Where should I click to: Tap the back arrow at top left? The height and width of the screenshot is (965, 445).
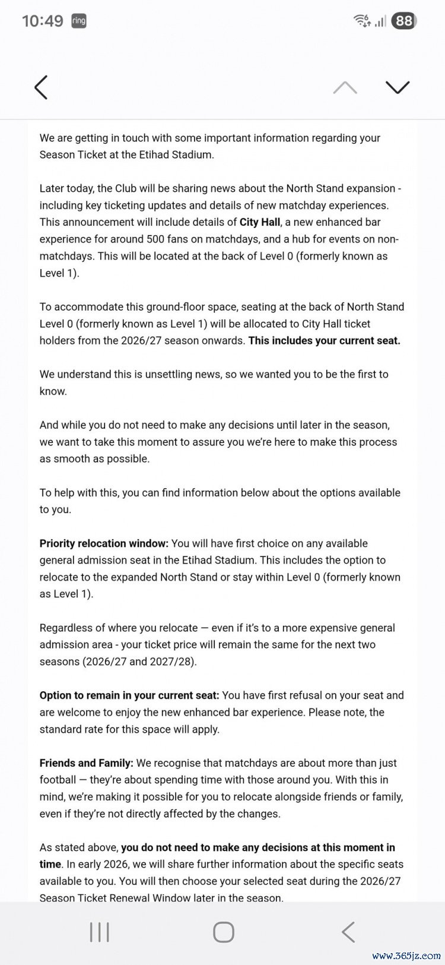coord(40,87)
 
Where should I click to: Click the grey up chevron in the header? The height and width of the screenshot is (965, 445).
coord(345,88)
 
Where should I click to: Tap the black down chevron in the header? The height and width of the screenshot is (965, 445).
coord(398,87)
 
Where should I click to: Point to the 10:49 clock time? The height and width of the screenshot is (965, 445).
coord(42,21)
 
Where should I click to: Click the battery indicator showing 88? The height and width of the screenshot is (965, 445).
coord(404,21)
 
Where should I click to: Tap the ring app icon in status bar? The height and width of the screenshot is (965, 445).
coord(78,21)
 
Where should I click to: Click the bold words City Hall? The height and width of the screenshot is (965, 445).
coord(259,222)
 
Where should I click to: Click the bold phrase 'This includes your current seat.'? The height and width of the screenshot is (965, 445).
coord(324,340)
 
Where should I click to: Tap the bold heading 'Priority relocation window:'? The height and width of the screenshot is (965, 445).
coord(104,543)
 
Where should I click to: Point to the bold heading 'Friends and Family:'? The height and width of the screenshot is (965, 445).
coord(86,763)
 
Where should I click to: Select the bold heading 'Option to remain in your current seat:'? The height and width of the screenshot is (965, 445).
coord(129,695)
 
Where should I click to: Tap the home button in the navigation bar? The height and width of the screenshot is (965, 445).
coord(223,932)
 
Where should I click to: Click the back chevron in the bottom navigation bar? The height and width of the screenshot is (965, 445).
coord(348,932)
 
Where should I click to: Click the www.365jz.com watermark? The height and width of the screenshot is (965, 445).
coord(406,956)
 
